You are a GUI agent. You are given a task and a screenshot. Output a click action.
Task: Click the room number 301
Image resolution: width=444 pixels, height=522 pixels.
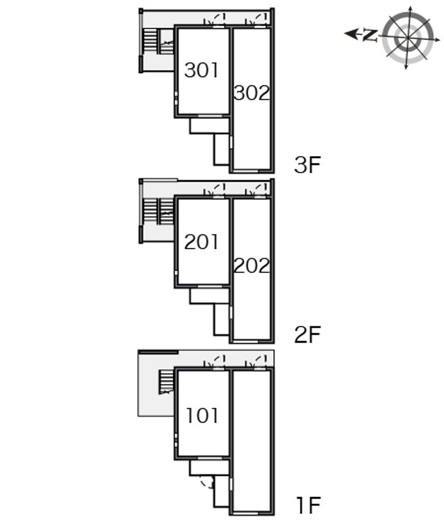point(201,70)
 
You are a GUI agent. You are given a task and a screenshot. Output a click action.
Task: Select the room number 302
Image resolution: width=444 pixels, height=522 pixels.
point(251,93)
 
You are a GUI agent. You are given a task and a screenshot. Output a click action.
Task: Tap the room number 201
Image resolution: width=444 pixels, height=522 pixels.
point(201,242)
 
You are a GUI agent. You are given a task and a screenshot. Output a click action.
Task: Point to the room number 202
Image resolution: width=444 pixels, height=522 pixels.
point(251,265)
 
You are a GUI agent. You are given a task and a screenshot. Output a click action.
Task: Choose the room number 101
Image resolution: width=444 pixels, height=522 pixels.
point(202,416)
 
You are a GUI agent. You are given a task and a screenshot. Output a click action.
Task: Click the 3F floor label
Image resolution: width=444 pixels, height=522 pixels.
point(307,165)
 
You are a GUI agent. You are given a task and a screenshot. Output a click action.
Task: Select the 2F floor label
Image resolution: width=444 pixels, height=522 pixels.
point(307,334)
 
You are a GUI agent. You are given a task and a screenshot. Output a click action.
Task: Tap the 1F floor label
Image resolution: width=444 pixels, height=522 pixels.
point(309,505)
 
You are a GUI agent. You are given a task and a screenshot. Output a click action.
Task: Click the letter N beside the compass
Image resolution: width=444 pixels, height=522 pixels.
point(370,35)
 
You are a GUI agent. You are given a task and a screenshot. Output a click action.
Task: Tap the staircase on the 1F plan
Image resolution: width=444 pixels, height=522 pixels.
point(166,382)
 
